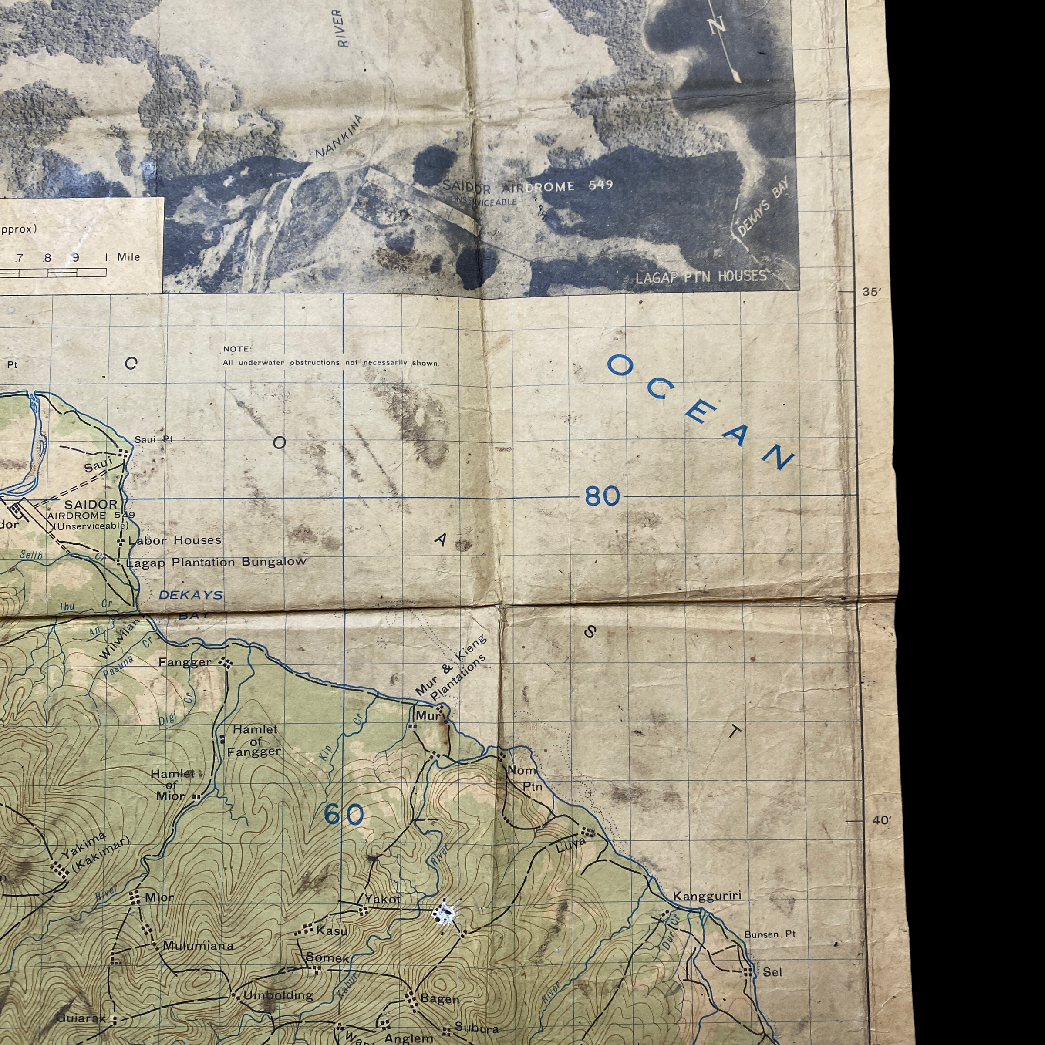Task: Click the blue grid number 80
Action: pyautogui.click(x=602, y=496)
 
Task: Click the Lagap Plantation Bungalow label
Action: pyautogui.click(x=216, y=563)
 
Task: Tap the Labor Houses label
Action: pyautogui.click(x=174, y=540)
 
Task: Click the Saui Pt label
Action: pyautogui.click(x=154, y=440)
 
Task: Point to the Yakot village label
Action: pyautogui.click(x=382, y=899)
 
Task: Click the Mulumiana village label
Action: pyautogui.click(x=198, y=946)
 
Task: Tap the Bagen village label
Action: pyautogui.click(x=439, y=999)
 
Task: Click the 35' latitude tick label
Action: pyautogui.click(x=872, y=292)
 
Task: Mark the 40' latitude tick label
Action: pyautogui.click(x=881, y=820)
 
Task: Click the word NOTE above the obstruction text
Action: pyautogui.click(x=237, y=349)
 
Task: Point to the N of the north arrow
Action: pyautogui.click(x=717, y=25)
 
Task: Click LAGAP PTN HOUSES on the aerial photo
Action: pyautogui.click(x=701, y=277)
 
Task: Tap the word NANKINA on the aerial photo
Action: pyautogui.click(x=339, y=137)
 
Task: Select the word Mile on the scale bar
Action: pyautogui.click(x=129, y=257)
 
